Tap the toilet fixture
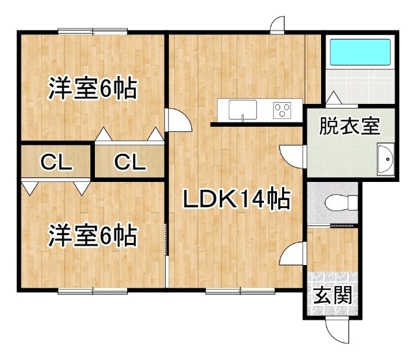coord(342,202)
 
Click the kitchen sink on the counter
coord(240,110)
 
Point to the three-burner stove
coord(283,110)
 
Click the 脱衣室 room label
coord(349,125)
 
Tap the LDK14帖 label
coord(236,199)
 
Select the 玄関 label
coord(333,296)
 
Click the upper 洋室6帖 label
coord(92,88)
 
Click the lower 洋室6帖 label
coord(92,235)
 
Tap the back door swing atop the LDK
coord(277,25)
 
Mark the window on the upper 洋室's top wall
coord(92,30)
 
